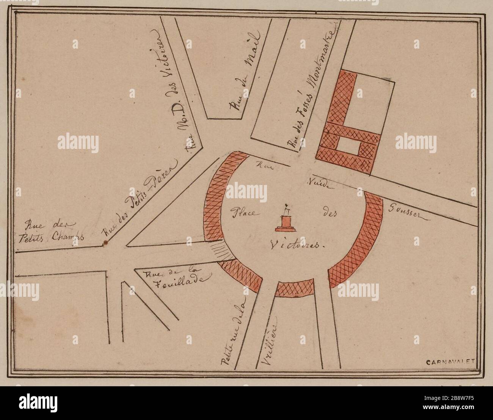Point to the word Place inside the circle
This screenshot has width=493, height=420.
[x=243, y=214]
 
